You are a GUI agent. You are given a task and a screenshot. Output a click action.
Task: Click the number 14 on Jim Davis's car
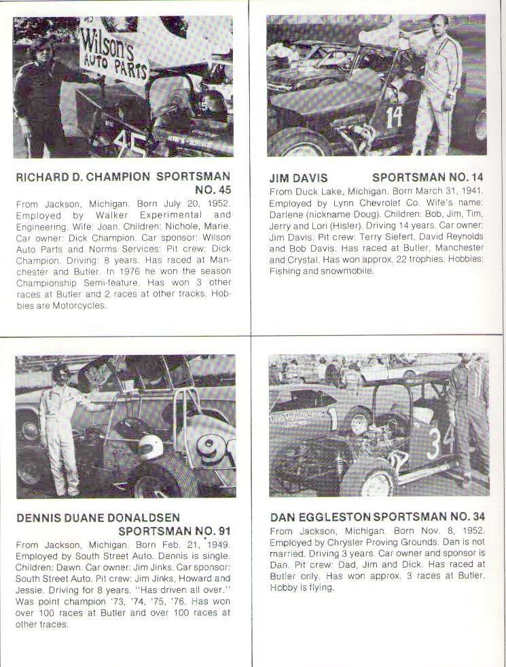pyautogui.click(x=394, y=117)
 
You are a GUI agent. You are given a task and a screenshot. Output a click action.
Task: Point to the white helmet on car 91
pyautogui.click(x=150, y=447)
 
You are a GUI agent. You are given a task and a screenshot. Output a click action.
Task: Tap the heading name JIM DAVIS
pyautogui.click(x=298, y=177)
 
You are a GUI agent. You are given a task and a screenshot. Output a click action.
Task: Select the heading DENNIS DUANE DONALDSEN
pyautogui.click(x=98, y=518)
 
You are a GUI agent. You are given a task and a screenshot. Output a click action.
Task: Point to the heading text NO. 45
pyautogui.click(x=213, y=190)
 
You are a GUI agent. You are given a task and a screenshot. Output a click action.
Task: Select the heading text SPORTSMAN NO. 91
pyautogui.click(x=175, y=531)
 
